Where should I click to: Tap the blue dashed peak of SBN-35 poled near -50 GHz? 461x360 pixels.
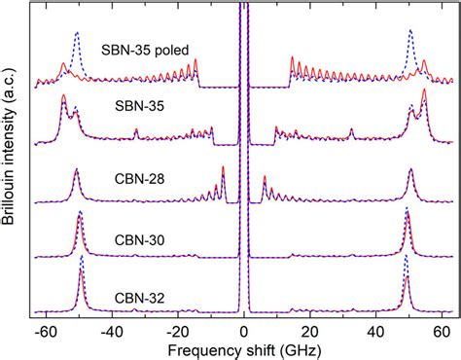[x=77, y=33]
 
